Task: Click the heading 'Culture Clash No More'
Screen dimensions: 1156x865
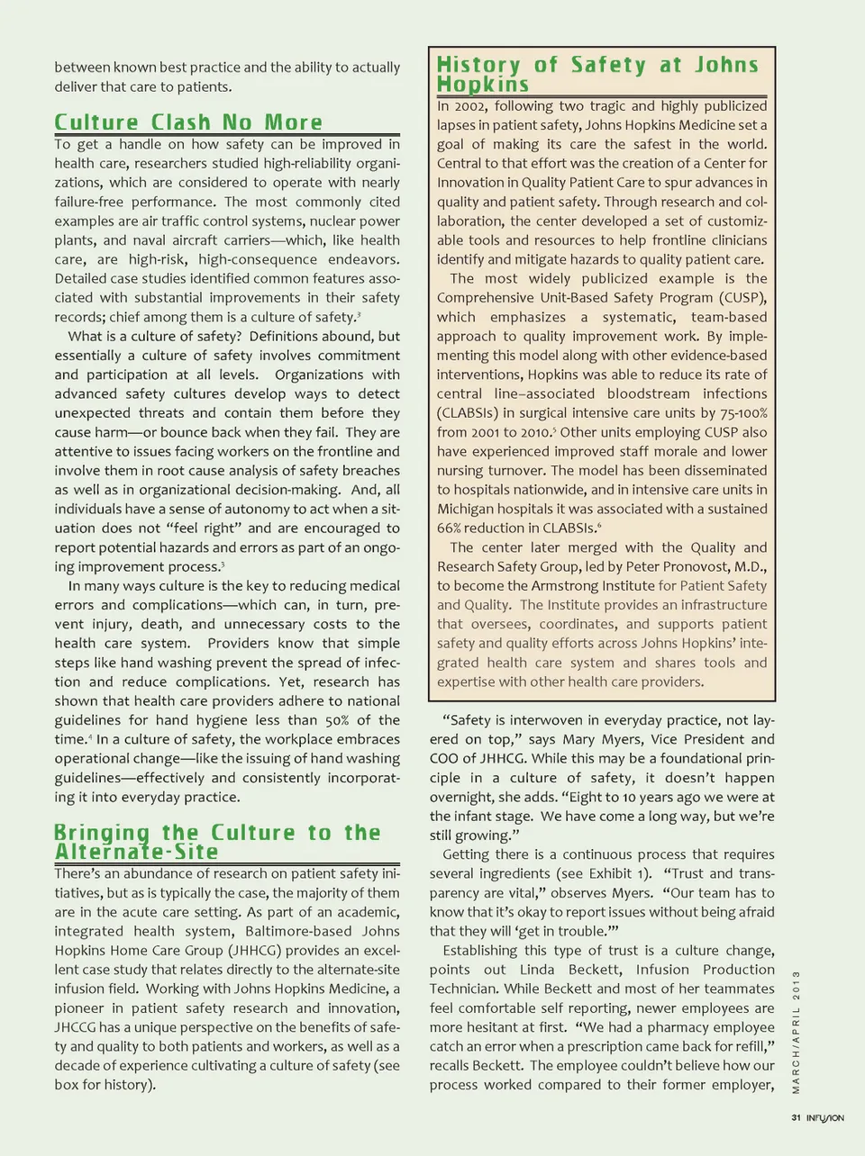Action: click(187, 122)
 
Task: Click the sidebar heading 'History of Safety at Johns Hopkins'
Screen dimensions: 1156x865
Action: click(597, 74)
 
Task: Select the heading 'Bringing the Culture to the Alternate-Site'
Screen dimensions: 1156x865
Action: click(217, 842)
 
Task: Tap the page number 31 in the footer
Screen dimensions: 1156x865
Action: click(796, 1118)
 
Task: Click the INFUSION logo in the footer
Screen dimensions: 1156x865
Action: click(824, 1118)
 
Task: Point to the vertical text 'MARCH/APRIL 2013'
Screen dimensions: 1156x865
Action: click(797, 1032)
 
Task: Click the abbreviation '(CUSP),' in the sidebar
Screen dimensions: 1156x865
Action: click(742, 298)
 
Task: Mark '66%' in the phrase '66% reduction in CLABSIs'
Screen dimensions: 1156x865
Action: click(450, 528)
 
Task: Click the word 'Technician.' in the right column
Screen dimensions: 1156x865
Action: click(464, 989)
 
